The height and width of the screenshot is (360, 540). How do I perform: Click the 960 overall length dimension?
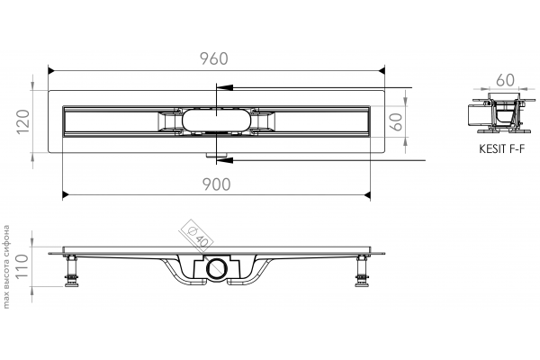214,58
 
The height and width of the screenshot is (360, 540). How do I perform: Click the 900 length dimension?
216,184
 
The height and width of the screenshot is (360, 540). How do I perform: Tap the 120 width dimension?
23,122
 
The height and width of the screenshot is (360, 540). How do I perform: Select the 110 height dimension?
22,266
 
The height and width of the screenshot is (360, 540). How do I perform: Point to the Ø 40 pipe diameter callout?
197,237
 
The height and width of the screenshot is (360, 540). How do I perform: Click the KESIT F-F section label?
502,149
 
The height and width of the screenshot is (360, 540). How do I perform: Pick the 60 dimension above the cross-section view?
505,80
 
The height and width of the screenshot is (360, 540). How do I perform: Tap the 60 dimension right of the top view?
397,121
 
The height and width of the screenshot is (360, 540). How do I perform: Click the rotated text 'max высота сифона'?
6,266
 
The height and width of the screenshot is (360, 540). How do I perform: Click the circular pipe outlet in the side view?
217,268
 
